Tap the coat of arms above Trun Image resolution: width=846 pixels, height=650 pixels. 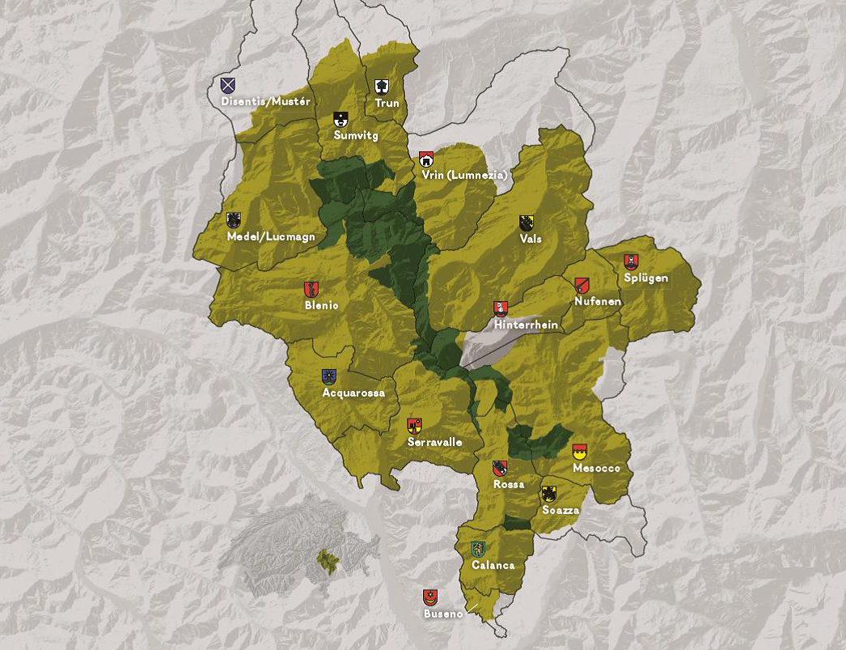click(x=382, y=87)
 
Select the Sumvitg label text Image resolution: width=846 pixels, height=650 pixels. click(x=356, y=136)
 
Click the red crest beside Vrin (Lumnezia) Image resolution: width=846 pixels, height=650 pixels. click(x=426, y=159)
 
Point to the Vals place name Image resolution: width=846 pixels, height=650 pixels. click(x=531, y=240)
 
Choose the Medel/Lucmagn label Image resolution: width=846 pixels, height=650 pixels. click(x=271, y=237)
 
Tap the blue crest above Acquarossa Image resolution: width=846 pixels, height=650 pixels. click(x=329, y=376)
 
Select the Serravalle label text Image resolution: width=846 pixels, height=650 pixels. click(x=435, y=443)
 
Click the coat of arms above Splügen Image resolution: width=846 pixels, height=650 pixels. click(x=631, y=261)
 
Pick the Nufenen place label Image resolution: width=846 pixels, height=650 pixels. click(x=598, y=302)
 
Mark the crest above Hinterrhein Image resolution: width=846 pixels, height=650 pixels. click(x=501, y=308)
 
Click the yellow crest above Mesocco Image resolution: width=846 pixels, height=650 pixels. click(x=579, y=452)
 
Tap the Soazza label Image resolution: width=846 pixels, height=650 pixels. click(x=560, y=511)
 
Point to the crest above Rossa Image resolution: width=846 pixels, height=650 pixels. click(x=500, y=469)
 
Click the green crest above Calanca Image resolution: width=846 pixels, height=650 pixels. click(x=478, y=549)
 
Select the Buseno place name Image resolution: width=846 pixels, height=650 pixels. click(x=443, y=614)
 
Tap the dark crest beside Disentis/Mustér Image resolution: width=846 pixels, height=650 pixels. click(x=228, y=85)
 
